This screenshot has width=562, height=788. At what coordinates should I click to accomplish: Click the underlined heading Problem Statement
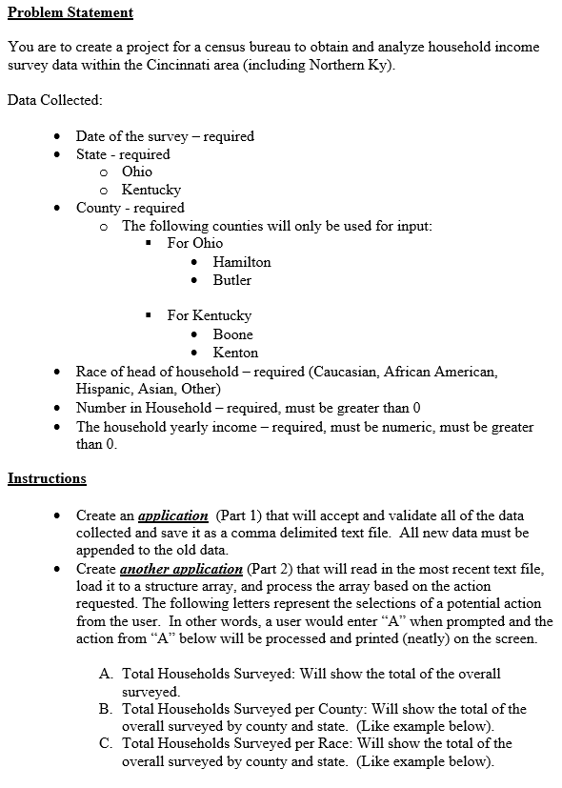[x=70, y=12]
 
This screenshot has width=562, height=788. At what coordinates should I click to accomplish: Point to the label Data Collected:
[x=54, y=99]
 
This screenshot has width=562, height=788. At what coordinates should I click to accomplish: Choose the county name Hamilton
[x=242, y=261]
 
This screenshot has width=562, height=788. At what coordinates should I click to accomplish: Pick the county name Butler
[x=232, y=280]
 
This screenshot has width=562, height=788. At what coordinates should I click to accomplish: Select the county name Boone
[x=233, y=334]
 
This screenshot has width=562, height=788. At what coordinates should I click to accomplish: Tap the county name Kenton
[x=235, y=353]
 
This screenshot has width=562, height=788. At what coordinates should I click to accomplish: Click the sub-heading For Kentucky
[x=209, y=315]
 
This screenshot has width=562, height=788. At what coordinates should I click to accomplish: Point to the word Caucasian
[x=349, y=371]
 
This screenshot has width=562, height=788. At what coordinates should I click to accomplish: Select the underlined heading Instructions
[x=47, y=478]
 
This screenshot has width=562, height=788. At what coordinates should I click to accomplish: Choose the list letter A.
[x=105, y=674]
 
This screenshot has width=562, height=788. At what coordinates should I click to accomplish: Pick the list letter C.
[x=105, y=743]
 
